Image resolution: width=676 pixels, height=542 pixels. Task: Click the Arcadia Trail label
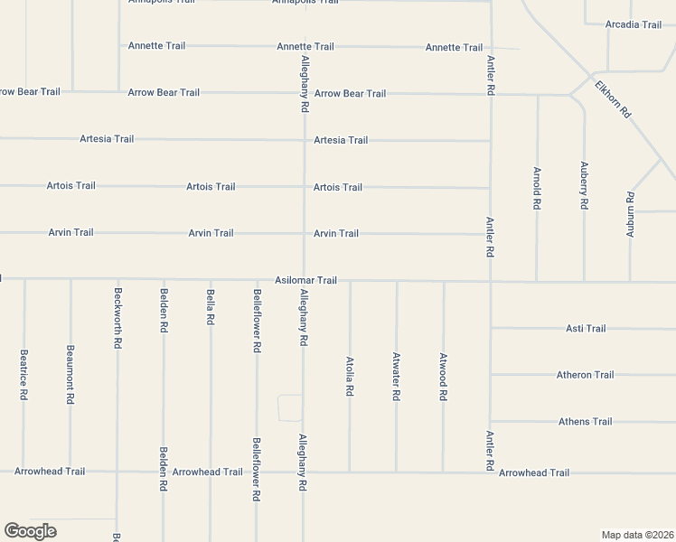[634, 24]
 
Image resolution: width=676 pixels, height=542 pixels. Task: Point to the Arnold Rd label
[537, 189]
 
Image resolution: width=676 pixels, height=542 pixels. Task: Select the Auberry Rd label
[584, 185]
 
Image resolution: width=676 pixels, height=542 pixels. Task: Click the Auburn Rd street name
[631, 214]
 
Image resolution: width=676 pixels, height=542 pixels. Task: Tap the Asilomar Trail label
[306, 280]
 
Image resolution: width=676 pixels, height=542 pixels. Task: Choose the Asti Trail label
[586, 328]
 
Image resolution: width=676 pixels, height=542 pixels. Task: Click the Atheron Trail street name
[585, 375]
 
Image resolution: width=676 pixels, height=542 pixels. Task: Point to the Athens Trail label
[585, 422]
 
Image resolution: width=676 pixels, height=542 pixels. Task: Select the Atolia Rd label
[349, 376]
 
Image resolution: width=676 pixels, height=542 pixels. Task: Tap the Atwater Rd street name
[396, 374]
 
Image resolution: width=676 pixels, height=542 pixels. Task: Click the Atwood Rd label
[443, 377]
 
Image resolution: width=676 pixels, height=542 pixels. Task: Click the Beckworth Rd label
[117, 318]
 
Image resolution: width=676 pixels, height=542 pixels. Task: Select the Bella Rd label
[211, 307]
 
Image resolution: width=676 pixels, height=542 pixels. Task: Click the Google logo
[30, 531]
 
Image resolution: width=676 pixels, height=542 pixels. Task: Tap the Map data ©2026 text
[636, 535]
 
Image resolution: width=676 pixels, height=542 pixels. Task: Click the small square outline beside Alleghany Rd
[290, 408]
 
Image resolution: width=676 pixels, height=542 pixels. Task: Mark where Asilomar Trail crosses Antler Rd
[490, 281]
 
